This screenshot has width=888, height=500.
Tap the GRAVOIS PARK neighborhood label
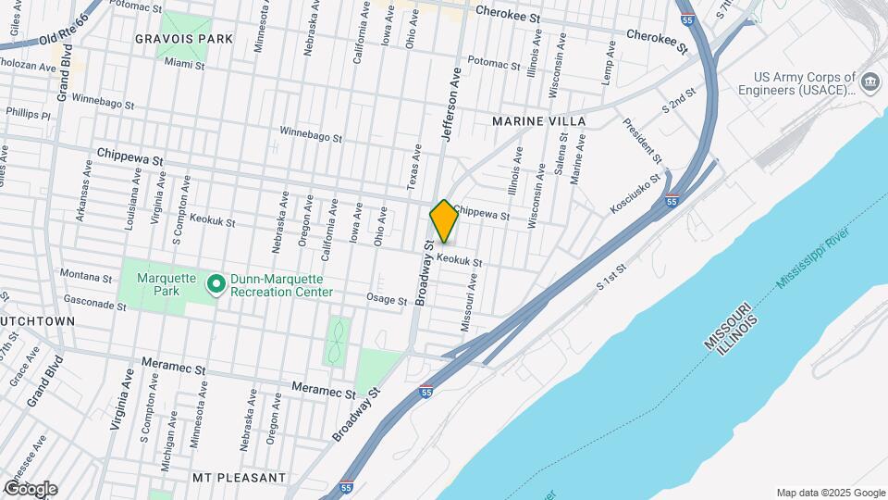click(183, 39)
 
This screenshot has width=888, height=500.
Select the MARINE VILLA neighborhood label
click(539, 121)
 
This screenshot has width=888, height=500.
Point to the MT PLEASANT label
click(239, 478)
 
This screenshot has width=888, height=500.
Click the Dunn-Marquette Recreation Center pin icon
click(216, 284)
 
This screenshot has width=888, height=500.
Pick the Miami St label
click(183, 64)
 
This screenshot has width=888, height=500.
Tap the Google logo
click(31, 488)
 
